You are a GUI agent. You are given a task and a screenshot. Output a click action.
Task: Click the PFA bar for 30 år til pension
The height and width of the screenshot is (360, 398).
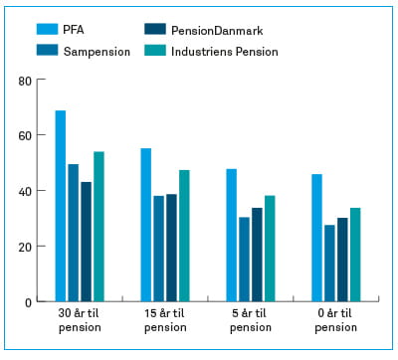61,206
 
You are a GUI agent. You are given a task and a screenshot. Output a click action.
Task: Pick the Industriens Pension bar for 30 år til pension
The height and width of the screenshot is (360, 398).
99,227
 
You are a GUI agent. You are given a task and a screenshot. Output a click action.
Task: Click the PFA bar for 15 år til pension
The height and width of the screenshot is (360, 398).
146,225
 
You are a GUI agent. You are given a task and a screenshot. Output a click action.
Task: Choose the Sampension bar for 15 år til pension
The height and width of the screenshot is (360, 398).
159,249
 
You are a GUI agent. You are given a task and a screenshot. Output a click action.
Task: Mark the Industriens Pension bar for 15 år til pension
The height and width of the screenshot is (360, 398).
184,236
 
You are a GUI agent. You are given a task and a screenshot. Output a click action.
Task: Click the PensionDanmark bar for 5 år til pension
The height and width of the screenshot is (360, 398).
257,255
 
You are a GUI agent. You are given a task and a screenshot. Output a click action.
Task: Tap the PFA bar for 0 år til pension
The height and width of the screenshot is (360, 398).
317,238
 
